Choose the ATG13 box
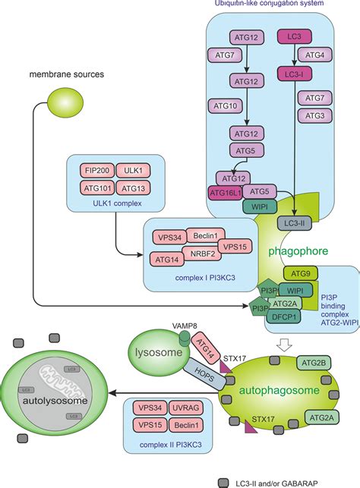coord(133,187)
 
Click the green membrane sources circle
coord(63,99)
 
